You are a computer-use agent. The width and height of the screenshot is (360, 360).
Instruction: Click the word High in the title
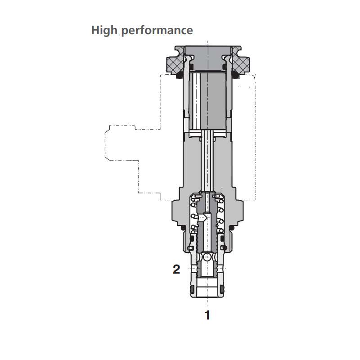click(x=104, y=30)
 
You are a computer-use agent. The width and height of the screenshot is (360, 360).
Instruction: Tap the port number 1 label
click(x=207, y=315)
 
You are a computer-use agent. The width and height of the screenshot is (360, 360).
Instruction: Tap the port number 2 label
click(x=176, y=269)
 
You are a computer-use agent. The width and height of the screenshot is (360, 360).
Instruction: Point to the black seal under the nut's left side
click(x=180, y=75)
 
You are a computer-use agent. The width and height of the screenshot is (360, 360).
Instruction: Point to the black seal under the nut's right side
click(x=235, y=75)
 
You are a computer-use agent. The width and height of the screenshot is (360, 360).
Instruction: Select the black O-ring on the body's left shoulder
click(x=183, y=228)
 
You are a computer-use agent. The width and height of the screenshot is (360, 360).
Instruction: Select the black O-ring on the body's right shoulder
click(x=232, y=228)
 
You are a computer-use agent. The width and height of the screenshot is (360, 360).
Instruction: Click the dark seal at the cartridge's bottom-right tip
click(x=222, y=290)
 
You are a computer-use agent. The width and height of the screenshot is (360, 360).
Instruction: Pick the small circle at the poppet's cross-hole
click(x=207, y=257)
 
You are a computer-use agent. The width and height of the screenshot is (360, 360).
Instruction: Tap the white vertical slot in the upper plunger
click(x=197, y=101)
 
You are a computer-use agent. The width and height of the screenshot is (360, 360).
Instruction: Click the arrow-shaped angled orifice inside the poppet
click(x=204, y=217)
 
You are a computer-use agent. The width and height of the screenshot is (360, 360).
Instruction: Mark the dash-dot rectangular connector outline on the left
click(x=121, y=143)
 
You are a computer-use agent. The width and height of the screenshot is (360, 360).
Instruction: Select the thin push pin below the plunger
click(x=207, y=160)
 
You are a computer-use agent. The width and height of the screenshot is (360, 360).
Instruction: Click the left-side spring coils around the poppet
click(x=194, y=216)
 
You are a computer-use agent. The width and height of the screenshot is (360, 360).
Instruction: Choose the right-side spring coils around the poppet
click(x=220, y=216)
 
